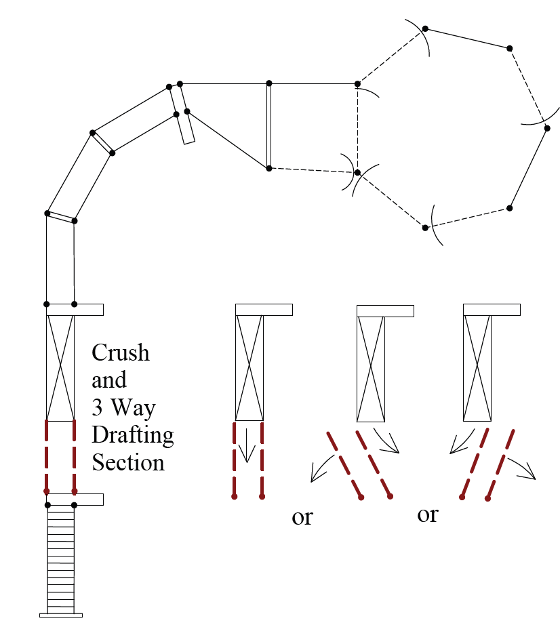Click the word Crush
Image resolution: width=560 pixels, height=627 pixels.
point(121,353)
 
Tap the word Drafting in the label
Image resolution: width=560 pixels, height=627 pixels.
point(133,434)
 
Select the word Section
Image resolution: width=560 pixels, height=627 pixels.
point(128,462)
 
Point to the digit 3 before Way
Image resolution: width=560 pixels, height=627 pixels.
point(97,408)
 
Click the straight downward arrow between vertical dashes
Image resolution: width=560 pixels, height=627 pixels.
point(247,449)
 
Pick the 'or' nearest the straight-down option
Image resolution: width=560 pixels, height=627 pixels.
point(302,518)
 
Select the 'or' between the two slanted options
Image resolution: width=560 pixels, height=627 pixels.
point(428,514)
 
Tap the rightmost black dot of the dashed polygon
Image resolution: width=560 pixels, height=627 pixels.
point(547,127)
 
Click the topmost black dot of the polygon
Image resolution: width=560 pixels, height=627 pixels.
point(425,28)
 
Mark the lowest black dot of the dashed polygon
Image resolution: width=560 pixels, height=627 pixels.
point(425,227)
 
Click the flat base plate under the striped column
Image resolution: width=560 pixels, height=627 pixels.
point(60,615)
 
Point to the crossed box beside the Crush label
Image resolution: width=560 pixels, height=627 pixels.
point(60,367)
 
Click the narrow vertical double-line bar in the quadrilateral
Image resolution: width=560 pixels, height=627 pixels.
point(269,125)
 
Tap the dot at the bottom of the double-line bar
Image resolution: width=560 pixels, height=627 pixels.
point(269,168)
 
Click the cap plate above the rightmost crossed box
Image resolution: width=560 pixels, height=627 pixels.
point(492,309)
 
